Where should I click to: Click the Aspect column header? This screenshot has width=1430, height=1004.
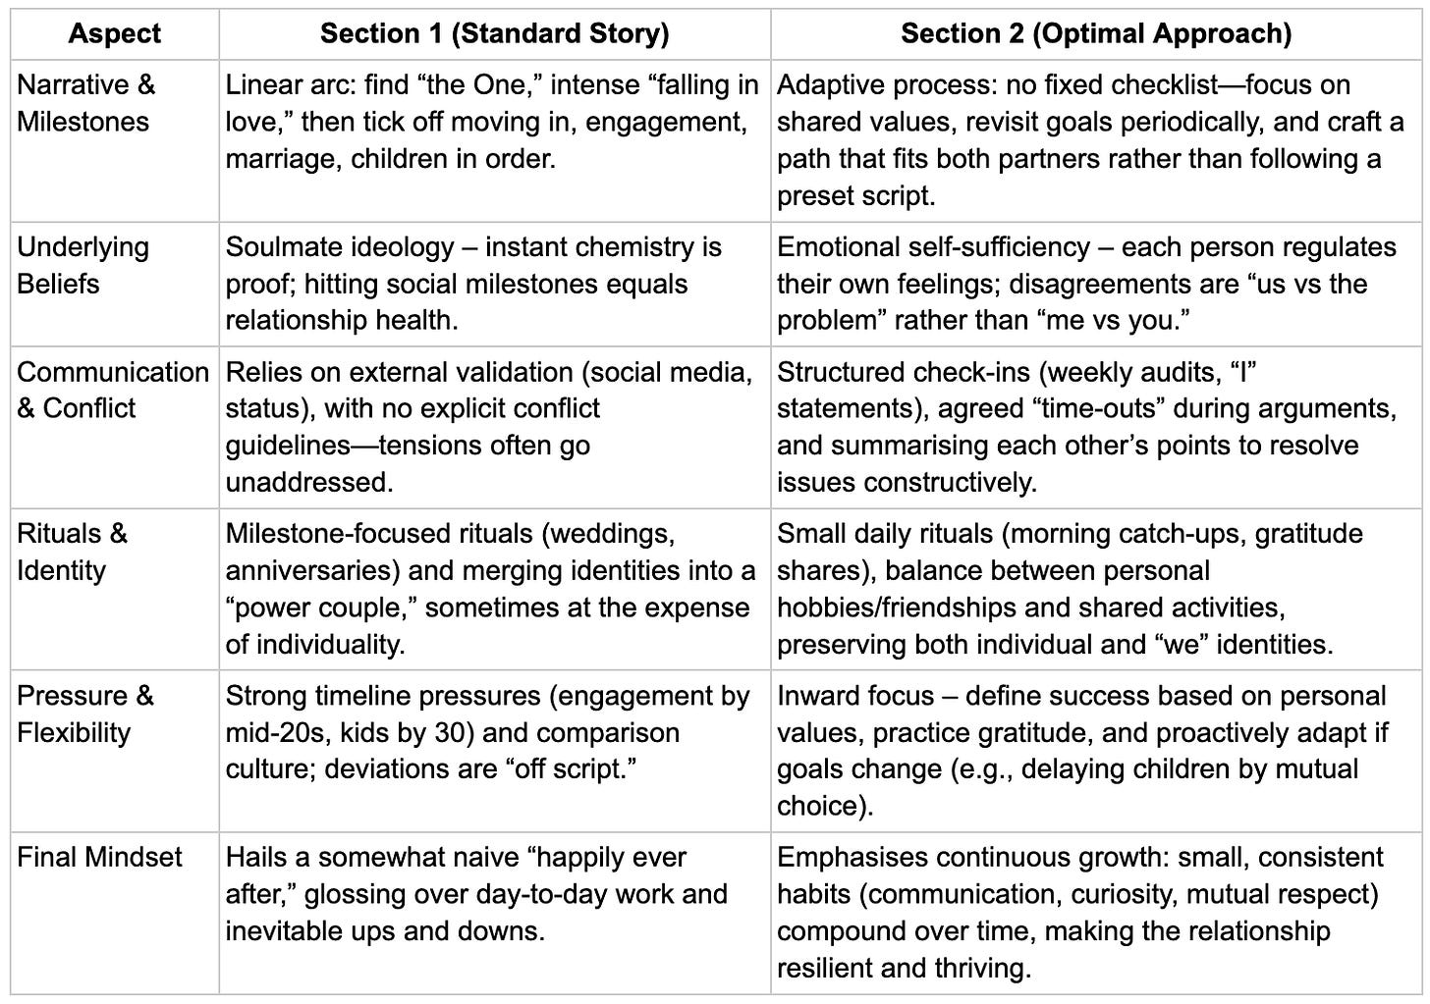coord(114,34)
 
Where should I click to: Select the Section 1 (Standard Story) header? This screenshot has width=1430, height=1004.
coord(494,34)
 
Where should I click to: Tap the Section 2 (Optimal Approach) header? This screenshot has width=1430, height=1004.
coord(1095,34)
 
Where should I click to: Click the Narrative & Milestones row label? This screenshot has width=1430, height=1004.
coord(85,103)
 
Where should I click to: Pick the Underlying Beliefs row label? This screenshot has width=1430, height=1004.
coord(82,265)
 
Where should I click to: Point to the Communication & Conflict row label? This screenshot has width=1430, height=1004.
coord(112,390)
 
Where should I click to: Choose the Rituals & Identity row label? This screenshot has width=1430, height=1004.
coord(72,552)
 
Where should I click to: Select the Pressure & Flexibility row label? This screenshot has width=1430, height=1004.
coord(84,713)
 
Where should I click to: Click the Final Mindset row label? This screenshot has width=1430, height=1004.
coord(99,857)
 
